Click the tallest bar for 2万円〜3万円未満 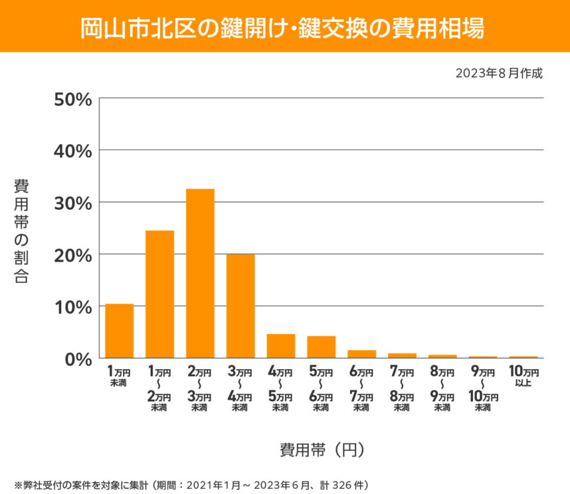[200, 274]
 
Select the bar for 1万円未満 [120, 331]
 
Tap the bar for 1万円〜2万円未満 [160, 294]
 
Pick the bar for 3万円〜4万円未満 [240, 306]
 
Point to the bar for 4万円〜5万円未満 [281, 346]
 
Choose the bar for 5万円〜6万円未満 [321, 347]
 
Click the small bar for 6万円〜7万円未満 [361, 354]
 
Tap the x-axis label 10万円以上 [523, 376]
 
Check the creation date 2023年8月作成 [499, 74]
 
